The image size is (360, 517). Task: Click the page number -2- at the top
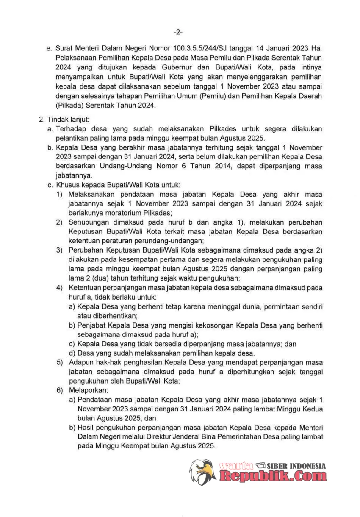point(178,32)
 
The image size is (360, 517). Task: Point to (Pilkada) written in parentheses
point(69,106)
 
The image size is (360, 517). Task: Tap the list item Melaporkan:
point(89,390)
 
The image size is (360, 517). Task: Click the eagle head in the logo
point(202,471)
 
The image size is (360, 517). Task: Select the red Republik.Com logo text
point(273,476)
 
